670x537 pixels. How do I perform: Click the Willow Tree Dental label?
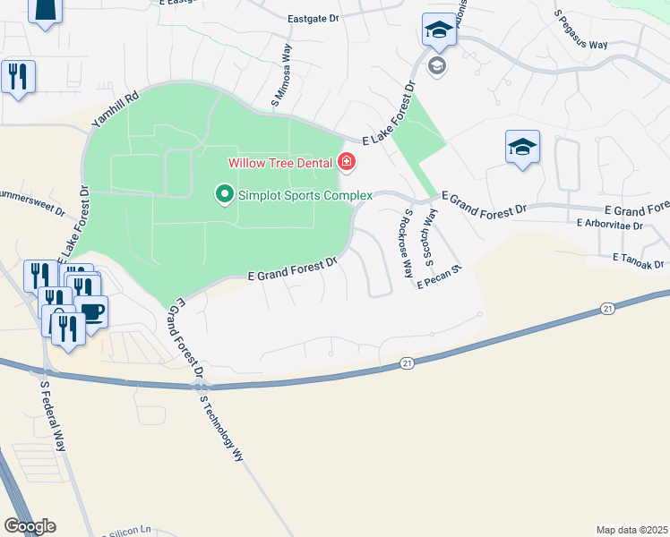pos(280,163)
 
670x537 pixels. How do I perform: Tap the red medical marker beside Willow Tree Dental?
pos(347,162)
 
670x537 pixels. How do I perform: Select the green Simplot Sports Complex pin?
pos(223,193)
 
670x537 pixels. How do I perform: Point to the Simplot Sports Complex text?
pos(305,194)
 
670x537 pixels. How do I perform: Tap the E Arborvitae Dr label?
pos(610,225)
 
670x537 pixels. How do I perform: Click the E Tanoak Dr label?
pos(640,260)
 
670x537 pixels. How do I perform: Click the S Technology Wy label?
pos(222,429)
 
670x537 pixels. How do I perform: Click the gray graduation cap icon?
pos(437,65)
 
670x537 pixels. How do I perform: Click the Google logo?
pos(29,526)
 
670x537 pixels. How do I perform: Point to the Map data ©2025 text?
pos(631,529)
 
